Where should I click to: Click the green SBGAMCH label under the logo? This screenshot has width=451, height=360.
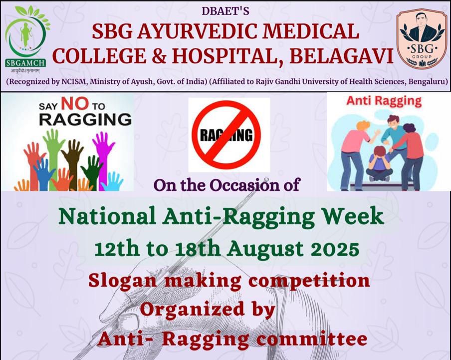point(25,63)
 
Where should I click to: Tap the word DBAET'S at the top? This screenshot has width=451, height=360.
point(225,11)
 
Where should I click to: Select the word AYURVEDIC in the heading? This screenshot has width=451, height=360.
point(196,31)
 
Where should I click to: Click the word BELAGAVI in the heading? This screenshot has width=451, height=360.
point(341,56)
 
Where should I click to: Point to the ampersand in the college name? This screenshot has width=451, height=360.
point(159,56)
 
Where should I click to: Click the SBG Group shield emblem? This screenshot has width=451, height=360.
point(422,38)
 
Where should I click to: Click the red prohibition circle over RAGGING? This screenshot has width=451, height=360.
point(226,135)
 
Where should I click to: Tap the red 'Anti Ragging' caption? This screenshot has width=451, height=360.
point(384,102)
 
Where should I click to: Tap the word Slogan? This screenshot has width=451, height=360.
point(122,281)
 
